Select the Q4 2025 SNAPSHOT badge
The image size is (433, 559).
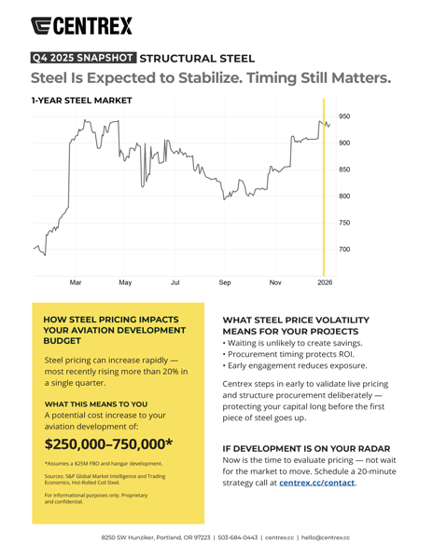[84, 58]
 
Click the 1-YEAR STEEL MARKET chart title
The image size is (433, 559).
[81, 100]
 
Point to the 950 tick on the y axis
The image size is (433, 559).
[344, 116]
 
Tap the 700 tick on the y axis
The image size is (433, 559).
[344, 250]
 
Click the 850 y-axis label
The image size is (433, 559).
[344, 170]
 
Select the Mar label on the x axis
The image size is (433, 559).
[76, 281]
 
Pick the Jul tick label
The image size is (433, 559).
[175, 281]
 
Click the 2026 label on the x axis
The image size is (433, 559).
[324, 281]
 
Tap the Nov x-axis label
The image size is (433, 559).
[275, 281]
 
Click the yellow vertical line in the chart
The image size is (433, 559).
[324, 186]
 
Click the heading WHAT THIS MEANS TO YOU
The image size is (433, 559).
[96, 403]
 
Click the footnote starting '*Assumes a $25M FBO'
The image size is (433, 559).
[103, 463]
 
